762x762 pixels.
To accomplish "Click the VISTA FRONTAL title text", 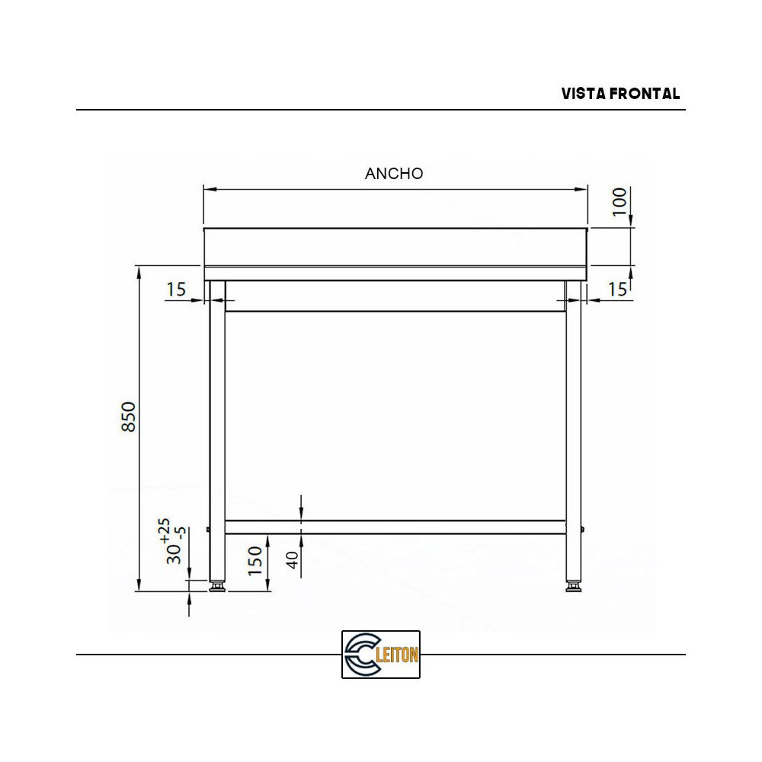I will pyautogui.click(x=620, y=94).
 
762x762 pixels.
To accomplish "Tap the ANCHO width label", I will pyautogui.click(x=394, y=173).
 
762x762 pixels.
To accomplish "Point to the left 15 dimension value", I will pyautogui.click(x=176, y=290).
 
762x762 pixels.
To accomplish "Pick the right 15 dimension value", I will pyautogui.click(x=617, y=290).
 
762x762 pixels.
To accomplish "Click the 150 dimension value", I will pyautogui.click(x=255, y=560).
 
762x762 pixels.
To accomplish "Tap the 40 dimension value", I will pyautogui.click(x=293, y=560).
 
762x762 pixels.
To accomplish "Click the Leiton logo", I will pyautogui.click(x=381, y=654).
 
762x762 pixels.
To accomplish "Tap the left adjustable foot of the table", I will pyautogui.click(x=217, y=586).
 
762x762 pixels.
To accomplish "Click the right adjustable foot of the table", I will pyautogui.click(x=573, y=586).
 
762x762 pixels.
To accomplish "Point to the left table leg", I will pyautogui.click(x=217, y=427).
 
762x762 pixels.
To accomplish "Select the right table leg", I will pyautogui.click(x=573, y=427).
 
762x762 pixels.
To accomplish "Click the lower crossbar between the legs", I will pyautogui.click(x=395, y=527).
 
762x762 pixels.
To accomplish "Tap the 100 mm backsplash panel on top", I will pyautogui.click(x=395, y=246).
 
